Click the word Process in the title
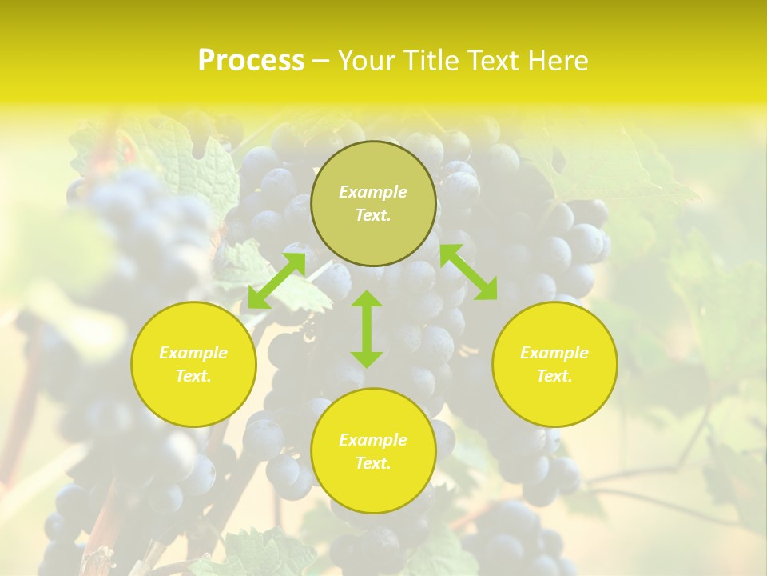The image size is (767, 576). coord(251,61)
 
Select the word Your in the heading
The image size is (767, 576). coord(364,61)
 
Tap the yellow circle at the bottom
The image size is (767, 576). coord(373,488)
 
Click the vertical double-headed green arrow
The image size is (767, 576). coord(367,329)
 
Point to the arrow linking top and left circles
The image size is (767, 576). coord(276,280)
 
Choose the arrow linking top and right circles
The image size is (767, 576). coord(468,272)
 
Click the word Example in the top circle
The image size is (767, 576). coord(373,192)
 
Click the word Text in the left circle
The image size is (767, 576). coord(193,376)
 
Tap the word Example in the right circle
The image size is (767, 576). coord(554,353)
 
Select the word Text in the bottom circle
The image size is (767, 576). coord(373,463)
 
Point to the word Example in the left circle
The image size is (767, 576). coord(193,353)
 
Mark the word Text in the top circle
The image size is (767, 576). coord(373,215)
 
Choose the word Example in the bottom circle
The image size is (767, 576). coord(373,440)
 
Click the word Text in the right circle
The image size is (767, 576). coord(554,376)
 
